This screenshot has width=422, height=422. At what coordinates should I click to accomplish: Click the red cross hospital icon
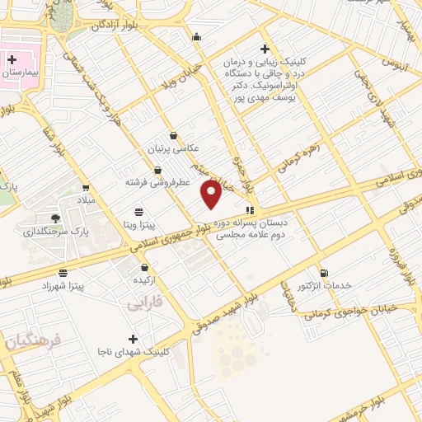[x=13, y=59]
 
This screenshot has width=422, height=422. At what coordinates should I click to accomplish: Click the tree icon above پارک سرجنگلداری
[x=55, y=218]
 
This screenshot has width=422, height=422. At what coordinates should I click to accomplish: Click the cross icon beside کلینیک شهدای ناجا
[x=134, y=339]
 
